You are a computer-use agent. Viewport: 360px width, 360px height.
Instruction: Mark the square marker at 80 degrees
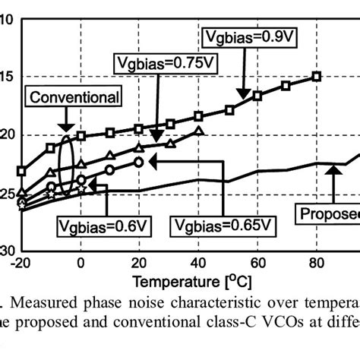tap(317, 76)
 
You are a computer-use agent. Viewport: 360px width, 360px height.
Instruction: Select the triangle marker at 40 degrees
tap(198, 131)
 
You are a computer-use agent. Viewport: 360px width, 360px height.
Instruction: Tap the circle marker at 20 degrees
tap(138, 162)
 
